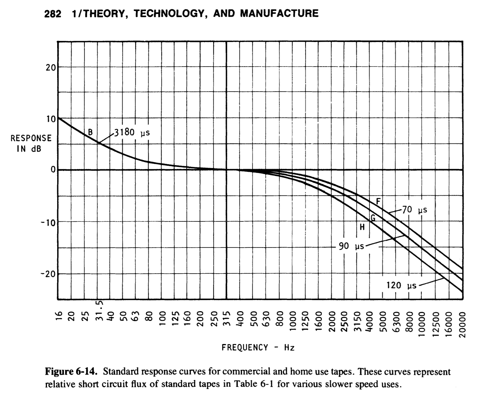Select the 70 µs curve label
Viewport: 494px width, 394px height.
tap(414, 210)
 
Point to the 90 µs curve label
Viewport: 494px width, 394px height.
tap(351, 246)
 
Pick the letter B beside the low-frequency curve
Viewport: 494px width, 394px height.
tap(90, 132)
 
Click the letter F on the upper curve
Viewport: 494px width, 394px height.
tap(378, 201)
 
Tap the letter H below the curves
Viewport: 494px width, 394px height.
tap(362, 227)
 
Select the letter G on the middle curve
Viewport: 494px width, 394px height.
tap(373, 218)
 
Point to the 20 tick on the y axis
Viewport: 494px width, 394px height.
tap(51, 68)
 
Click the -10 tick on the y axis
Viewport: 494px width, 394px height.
tap(48, 221)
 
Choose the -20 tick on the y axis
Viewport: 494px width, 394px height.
tap(48, 273)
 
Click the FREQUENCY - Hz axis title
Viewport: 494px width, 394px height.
tap(258, 347)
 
